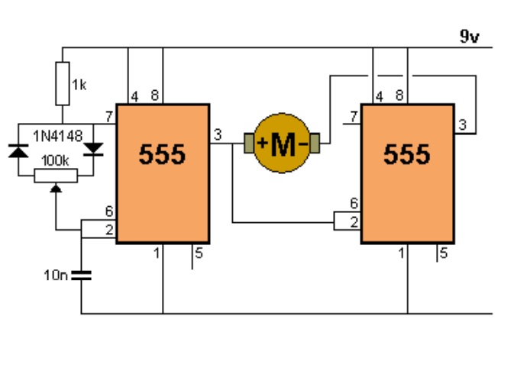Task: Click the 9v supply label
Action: [x=470, y=37]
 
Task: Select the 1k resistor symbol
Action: [x=63, y=83]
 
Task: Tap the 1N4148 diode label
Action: [x=58, y=136]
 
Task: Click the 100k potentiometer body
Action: [x=56, y=176]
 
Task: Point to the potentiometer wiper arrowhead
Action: [x=56, y=188]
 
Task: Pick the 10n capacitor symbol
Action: [x=81, y=275]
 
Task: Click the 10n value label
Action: [x=56, y=275]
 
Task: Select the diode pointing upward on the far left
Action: [x=18, y=151]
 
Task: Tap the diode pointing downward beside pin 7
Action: [x=93, y=149]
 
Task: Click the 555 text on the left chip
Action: [x=162, y=154]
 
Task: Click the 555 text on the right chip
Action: [x=407, y=154]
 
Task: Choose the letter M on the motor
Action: [x=283, y=145]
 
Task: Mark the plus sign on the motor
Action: [x=263, y=143]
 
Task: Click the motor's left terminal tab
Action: [x=249, y=143]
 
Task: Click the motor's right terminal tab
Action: [x=315, y=143]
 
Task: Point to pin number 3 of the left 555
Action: [x=218, y=134]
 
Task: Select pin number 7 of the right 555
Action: [x=354, y=116]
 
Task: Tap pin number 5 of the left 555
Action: [x=199, y=253]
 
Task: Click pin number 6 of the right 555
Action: [x=354, y=203]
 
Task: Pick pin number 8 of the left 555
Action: [x=155, y=95]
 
